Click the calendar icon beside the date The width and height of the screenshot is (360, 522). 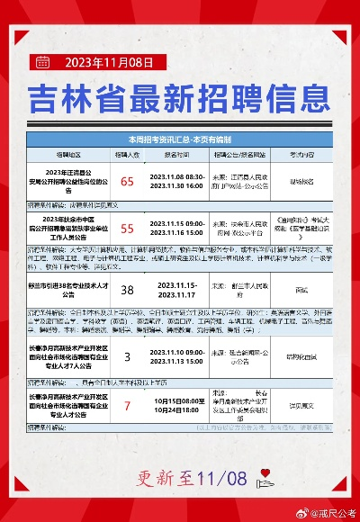point(41,62)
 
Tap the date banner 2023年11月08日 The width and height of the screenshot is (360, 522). point(116,62)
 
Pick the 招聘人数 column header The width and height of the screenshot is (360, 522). point(127,154)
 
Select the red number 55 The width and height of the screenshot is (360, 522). point(127,229)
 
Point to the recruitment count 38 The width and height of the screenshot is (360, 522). point(127,289)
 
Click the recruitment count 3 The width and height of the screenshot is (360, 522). point(127,356)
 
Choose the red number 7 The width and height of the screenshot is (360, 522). point(127,406)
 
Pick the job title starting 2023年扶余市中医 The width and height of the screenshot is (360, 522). point(68,229)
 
